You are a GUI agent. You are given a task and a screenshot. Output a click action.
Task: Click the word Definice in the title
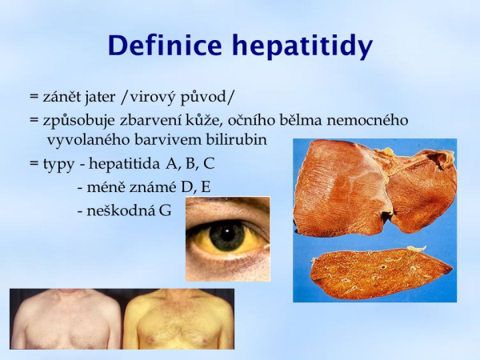pos(165,45)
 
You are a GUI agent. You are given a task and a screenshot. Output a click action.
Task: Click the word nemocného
pos(367,120)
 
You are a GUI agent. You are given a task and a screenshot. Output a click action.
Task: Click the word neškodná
pos(121,211)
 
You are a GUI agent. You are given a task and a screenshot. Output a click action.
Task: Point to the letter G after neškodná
pos(166,211)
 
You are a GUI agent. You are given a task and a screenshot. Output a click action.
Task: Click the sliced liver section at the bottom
pos(381,273)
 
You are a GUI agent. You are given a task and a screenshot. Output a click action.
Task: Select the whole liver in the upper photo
pos(374,187)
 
